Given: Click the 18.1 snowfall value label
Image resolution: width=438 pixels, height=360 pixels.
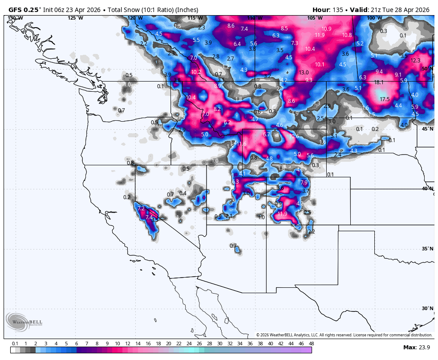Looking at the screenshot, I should [x=379, y=82].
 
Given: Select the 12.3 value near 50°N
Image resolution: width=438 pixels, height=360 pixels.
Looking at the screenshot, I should [x=415, y=61].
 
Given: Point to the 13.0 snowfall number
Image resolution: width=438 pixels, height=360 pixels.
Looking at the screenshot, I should [x=304, y=73].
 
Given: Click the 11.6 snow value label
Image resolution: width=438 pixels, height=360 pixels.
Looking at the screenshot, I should [x=241, y=143].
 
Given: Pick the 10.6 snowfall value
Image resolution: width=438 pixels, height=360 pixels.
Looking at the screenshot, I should [x=294, y=136].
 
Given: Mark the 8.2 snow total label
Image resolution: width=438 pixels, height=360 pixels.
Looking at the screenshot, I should [x=217, y=109].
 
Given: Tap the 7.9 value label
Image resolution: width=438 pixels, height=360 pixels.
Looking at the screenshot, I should [x=304, y=183].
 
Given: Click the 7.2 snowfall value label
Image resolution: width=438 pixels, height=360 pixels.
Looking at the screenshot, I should [x=142, y=209].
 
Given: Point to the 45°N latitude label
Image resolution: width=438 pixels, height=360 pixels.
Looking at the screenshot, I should [x=427, y=129].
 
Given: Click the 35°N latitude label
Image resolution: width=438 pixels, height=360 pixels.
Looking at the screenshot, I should [x=427, y=249].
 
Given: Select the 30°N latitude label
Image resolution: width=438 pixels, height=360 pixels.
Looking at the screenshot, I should [x=427, y=308].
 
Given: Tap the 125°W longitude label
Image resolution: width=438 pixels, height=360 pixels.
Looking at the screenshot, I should [x=75, y=18].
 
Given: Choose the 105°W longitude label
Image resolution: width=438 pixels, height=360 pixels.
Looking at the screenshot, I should [x=314, y=18].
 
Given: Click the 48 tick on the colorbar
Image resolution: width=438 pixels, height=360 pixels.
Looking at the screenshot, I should [x=311, y=344].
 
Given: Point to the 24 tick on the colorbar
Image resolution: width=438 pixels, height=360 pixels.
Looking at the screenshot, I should [x=189, y=344].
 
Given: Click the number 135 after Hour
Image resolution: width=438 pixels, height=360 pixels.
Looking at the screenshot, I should [x=337, y=10].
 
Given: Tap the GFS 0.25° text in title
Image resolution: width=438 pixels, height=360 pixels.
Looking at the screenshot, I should [x=25, y=10].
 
